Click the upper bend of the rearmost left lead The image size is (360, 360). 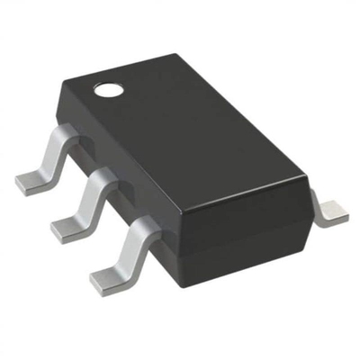coord(58,135)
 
